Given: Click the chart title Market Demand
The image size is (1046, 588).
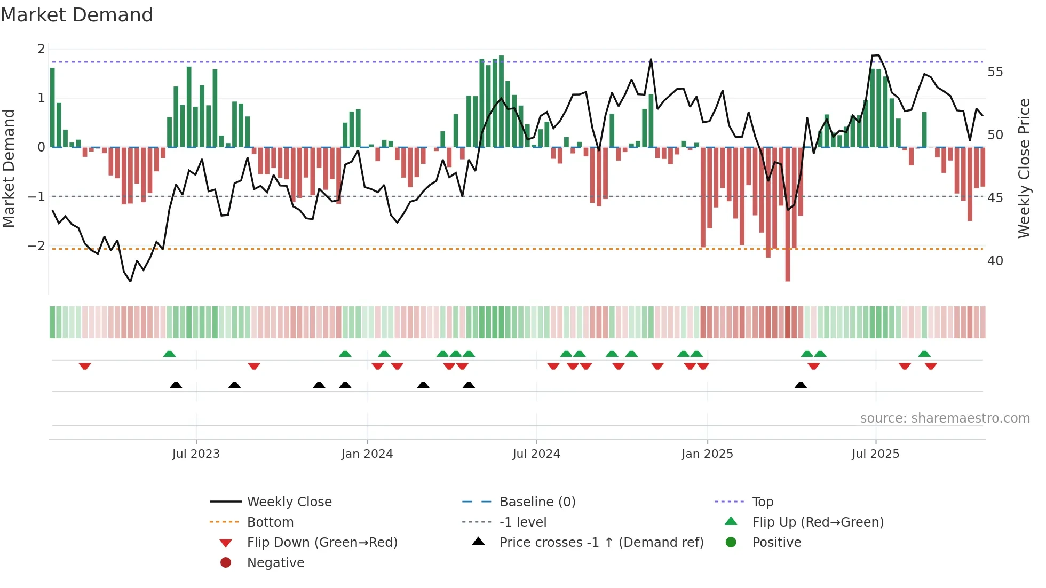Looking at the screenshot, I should coord(77,15).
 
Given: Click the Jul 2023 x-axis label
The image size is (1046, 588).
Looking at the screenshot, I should coord(196,454).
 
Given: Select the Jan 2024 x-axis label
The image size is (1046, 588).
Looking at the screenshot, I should coord(367,454).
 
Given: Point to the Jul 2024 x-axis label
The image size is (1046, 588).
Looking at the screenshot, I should coord(536,454).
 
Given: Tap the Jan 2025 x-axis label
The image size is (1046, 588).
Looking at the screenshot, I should coord(707,454).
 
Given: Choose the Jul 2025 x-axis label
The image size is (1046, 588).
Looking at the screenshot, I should coord(875,454).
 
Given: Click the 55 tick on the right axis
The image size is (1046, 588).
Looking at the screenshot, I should coord(995,72).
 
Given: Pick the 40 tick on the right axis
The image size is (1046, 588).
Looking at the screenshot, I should coord(995,261).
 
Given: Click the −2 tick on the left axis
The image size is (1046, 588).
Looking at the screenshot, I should coord(36,246).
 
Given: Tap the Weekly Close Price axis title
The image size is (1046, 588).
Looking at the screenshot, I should coord(1024,168).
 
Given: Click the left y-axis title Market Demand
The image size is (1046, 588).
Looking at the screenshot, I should coord(9,168).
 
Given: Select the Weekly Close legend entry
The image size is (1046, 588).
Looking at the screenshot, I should coord(289,502).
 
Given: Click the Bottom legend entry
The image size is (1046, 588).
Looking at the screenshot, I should coord(270,522).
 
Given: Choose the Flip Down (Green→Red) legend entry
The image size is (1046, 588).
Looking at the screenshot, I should coord(322,543).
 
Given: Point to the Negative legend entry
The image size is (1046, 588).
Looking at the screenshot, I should coord(275,563).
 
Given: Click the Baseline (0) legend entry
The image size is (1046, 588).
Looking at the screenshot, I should coord(537,502).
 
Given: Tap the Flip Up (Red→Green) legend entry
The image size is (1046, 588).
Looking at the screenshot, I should coord(818,522).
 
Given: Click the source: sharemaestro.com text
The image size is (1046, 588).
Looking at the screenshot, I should coord(945,418).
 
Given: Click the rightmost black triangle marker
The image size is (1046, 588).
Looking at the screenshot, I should coord(801,385).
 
